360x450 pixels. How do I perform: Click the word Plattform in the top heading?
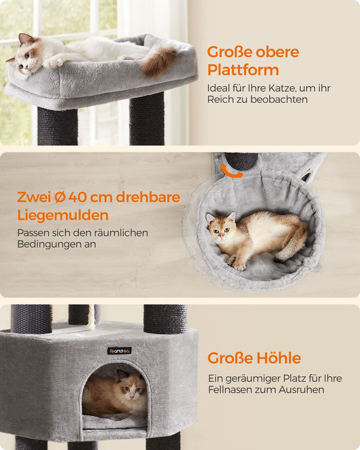pyautogui.click(x=242, y=70)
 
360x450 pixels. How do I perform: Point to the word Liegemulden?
pyautogui.click(x=62, y=215)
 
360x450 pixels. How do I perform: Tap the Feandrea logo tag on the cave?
pyautogui.click(x=119, y=350)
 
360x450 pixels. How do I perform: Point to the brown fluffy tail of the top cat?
pyautogui.click(x=158, y=61)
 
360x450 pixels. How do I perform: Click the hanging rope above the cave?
pyautogui.click(x=91, y=317)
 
